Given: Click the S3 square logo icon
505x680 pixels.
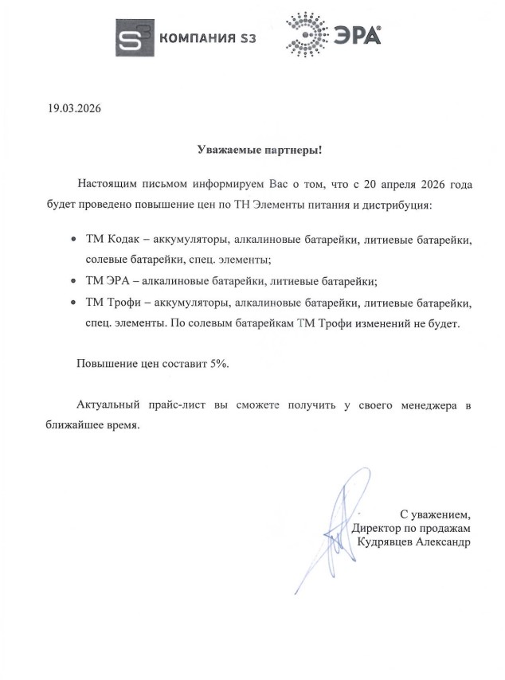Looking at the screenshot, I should click(x=135, y=37).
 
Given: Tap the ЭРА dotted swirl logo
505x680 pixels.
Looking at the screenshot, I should click(x=306, y=36).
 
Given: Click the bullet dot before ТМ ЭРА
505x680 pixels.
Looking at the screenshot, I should click(x=74, y=281).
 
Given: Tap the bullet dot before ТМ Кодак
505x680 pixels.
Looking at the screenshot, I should click(x=74, y=240).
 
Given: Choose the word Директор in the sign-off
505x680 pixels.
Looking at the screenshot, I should click(x=377, y=527).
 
